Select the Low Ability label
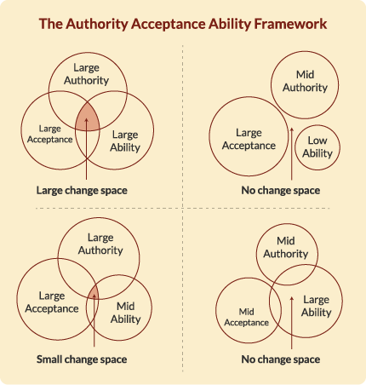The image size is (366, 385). [x=317, y=147]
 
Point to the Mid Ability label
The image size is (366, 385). [x=126, y=313]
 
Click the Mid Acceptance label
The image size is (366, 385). [x=246, y=317]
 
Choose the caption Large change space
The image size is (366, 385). [x=82, y=190]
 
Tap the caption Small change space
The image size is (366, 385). [x=82, y=359]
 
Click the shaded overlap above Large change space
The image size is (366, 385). [x=87, y=117]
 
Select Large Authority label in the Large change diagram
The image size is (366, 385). [x=86, y=74]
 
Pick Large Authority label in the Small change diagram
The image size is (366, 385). [x=100, y=244]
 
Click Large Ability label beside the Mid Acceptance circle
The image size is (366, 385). [x=316, y=306]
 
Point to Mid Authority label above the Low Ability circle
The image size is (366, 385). [x=305, y=81]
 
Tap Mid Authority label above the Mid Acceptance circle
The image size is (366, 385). [x=286, y=247]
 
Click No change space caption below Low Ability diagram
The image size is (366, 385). [x=281, y=190]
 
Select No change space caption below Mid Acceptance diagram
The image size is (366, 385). [x=281, y=359]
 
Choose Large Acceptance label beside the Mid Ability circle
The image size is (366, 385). [x=52, y=302]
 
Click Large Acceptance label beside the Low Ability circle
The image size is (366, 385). [x=249, y=139]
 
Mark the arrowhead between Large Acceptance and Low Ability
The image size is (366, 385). [x=292, y=130]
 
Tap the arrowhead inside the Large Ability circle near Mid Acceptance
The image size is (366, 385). [x=292, y=299]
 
